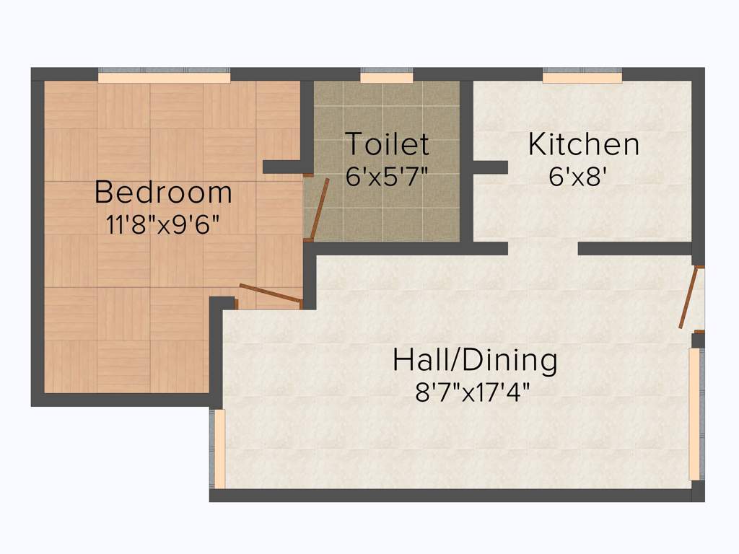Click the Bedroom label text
click(163, 193)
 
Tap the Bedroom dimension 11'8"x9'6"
click(163, 224)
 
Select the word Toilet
click(387, 144)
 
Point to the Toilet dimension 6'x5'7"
click(387, 176)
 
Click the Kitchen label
click(583, 144)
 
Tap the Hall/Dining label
click(474, 360)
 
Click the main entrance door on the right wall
click(690, 297)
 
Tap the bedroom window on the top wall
click(164, 76)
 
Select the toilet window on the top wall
click(386, 76)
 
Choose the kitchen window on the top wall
click(582, 76)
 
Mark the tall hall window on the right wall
click(694, 414)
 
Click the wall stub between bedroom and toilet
click(282, 167)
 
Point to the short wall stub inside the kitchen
click(490, 167)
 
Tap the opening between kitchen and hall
click(543, 249)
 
